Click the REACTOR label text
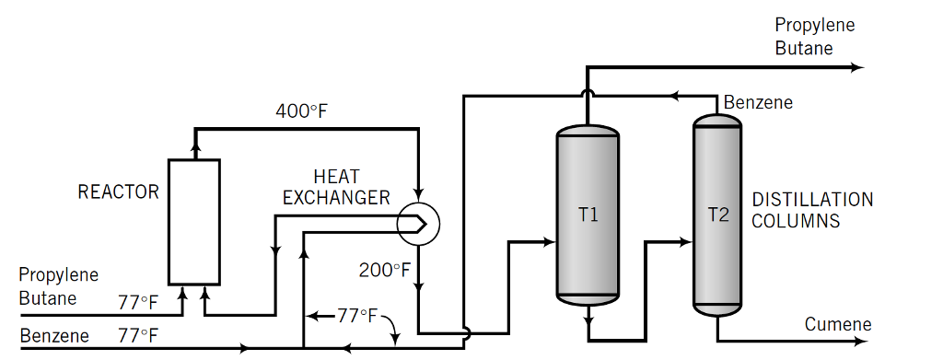pyautogui.click(x=118, y=192)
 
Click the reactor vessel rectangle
pyautogui.click(x=193, y=221)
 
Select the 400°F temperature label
pyautogui.click(x=302, y=112)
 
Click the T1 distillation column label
pyautogui.click(x=588, y=215)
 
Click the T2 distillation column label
pyautogui.click(x=717, y=215)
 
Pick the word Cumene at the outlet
pyautogui.click(x=837, y=324)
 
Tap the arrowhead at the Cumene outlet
pyautogui.click(x=859, y=341)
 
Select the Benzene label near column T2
pyautogui.click(x=758, y=102)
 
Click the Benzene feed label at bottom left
pyautogui.click(x=54, y=335)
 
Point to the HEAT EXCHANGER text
pyautogui.click(x=336, y=187)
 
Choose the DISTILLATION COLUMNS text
pyautogui.click(x=812, y=210)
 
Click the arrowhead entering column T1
pyautogui.click(x=551, y=242)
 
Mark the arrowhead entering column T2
pyautogui.click(x=686, y=242)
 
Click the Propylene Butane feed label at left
pyautogui.click(x=58, y=286)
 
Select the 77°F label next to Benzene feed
pyautogui.click(x=138, y=335)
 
